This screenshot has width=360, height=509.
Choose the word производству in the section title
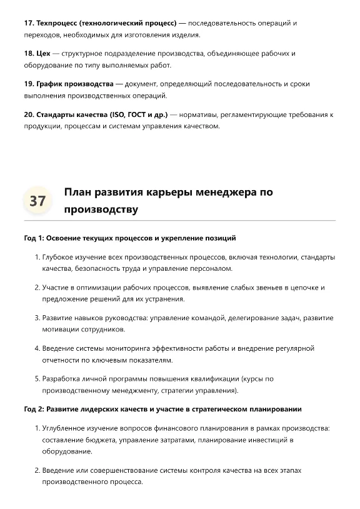point(101,209)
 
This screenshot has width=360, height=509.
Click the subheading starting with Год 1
point(130,238)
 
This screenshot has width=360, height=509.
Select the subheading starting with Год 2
point(162,409)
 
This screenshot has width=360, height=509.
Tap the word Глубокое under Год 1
point(59,257)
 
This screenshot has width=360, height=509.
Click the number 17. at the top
point(29,23)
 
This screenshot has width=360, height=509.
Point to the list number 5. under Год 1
point(36,378)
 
